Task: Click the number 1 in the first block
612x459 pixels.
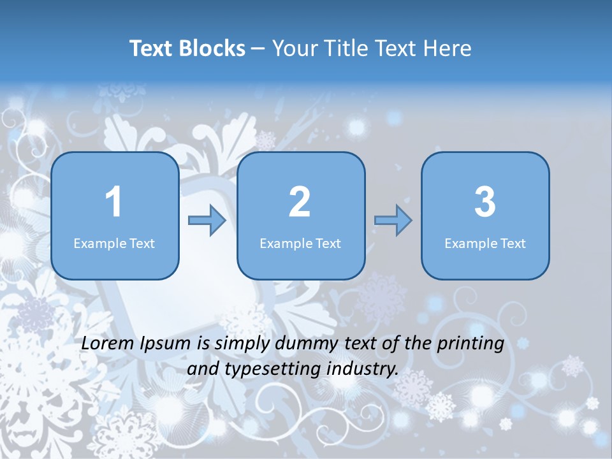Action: pyautogui.click(x=114, y=202)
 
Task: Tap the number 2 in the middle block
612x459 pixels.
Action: pyautogui.click(x=300, y=202)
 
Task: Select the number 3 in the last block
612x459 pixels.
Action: pyautogui.click(x=485, y=202)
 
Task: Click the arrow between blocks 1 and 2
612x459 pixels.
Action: pyautogui.click(x=208, y=221)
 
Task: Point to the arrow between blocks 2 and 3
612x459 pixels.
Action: pyautogui.click(x=393, y=221)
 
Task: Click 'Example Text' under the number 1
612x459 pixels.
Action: pyautogui.click(x=114, y=244)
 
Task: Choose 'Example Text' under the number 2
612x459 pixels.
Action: pyautogui.click(x=300, y=244)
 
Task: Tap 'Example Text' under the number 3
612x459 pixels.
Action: pyautogui.click(x=485, y=244)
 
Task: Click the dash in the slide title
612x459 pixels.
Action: pyautogui.click(x=258, y=49)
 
